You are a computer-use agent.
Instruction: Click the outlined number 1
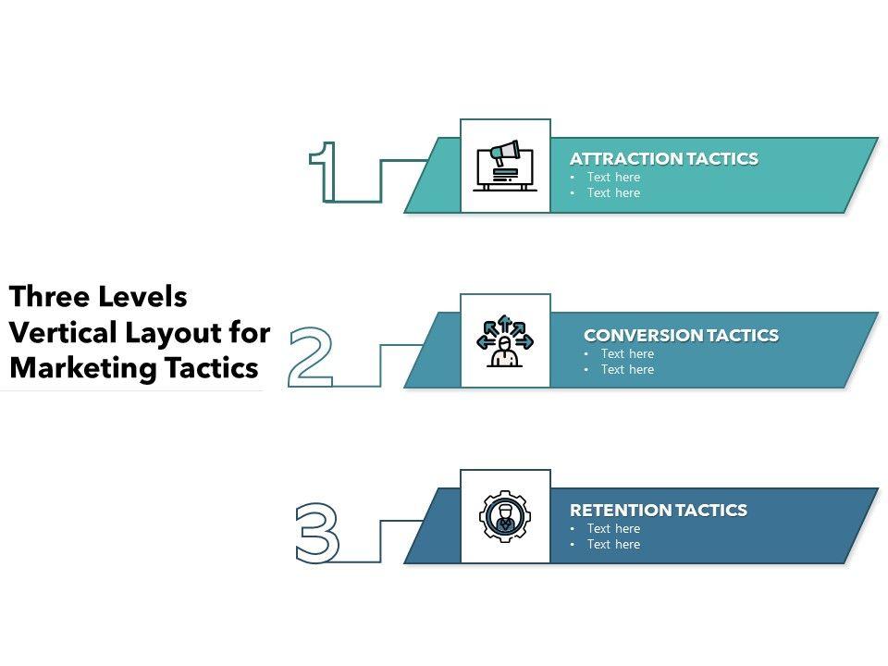(323, 173)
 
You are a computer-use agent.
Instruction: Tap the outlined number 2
(310, 356)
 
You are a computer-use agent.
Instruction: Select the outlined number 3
(316, 532)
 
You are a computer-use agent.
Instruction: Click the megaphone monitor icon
(505, 166)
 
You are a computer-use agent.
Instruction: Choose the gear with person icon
(505, 516)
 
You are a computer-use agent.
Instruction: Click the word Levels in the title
(142, 297)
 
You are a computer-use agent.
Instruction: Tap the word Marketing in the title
(81, 367)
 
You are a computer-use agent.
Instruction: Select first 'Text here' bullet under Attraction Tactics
(613, 177)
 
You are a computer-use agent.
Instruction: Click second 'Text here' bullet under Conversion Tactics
(627, 369)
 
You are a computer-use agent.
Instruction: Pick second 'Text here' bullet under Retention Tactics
(613, 544)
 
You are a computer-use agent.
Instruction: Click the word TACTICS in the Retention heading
(711, 511)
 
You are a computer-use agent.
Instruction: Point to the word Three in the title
(46, 297)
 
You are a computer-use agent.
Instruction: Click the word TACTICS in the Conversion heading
(743, 336)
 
